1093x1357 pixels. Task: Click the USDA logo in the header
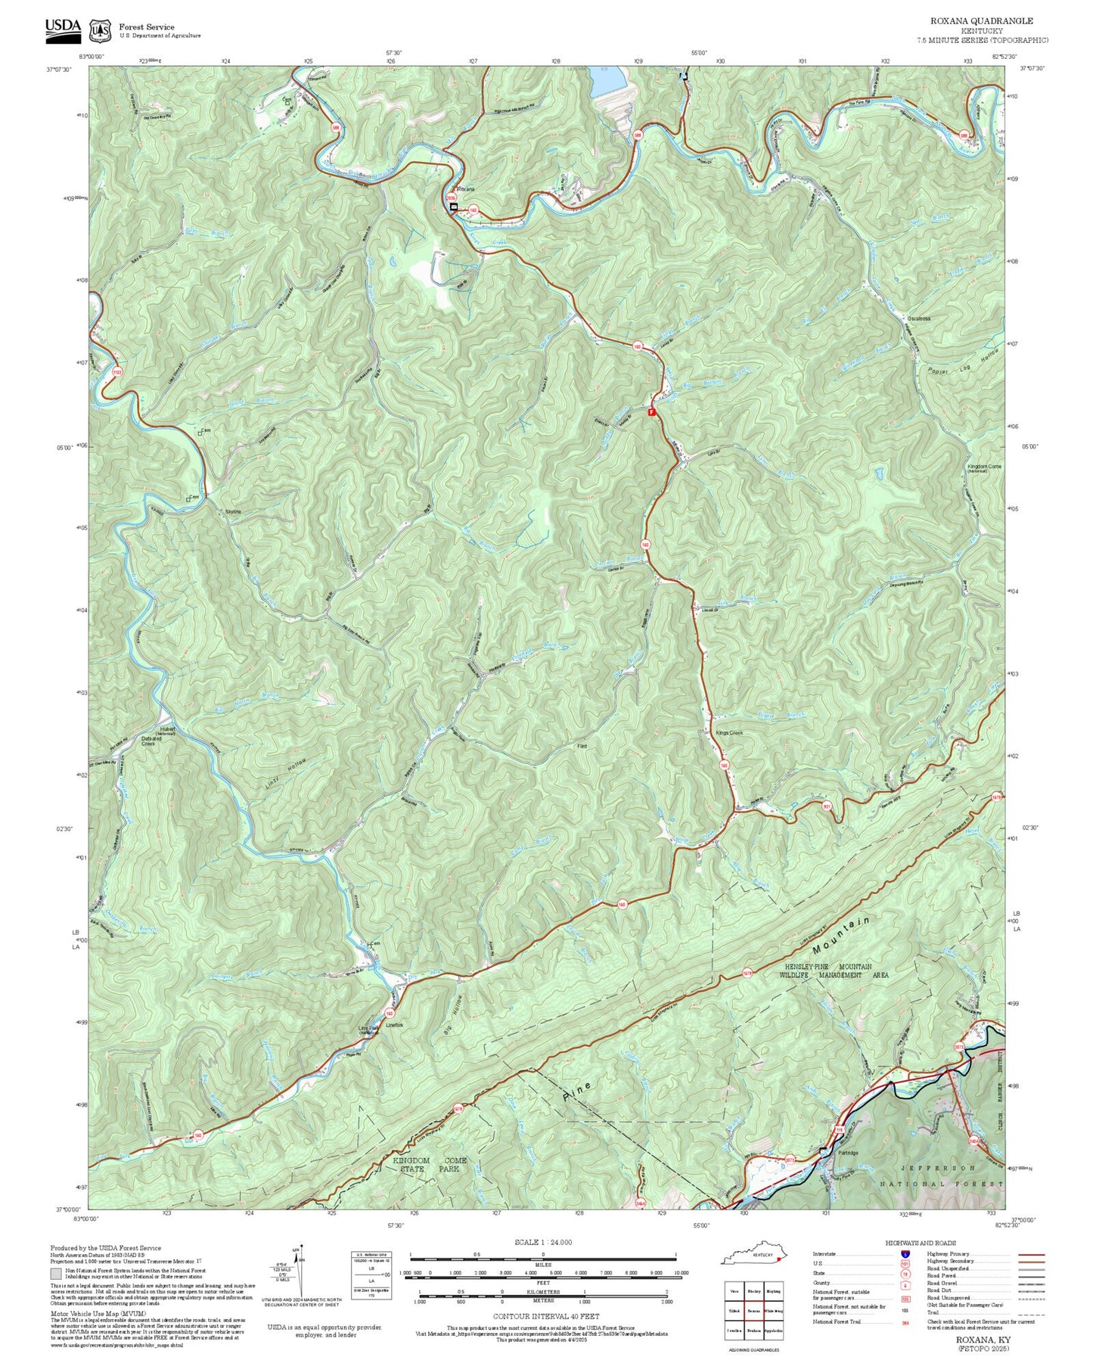[63, 27]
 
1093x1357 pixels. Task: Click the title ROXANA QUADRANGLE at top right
[981, 21]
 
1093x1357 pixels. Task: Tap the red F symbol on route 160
[651, 411]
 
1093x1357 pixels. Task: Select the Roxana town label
[464, 189]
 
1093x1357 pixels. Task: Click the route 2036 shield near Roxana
[452, 198]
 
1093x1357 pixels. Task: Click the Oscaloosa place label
[918, 319]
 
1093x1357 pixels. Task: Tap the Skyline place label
[233, 512]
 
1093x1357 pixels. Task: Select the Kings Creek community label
[730, 733]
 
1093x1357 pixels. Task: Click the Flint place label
[582, 747]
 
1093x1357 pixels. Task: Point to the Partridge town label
[848, 1153]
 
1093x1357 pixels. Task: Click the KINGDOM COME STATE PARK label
[430, 1164]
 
